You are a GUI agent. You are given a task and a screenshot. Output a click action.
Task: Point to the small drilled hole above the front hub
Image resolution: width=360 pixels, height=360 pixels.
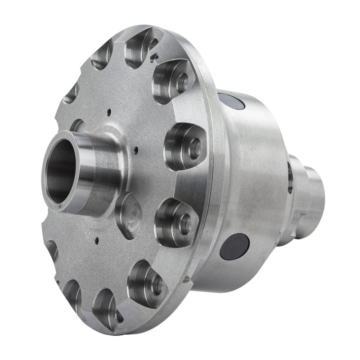pos(109,110)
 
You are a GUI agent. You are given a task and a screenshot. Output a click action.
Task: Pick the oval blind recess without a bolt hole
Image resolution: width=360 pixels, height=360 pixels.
pos(128,216)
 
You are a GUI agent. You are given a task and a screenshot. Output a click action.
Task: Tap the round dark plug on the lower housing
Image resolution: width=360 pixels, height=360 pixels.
pos(234,247)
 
